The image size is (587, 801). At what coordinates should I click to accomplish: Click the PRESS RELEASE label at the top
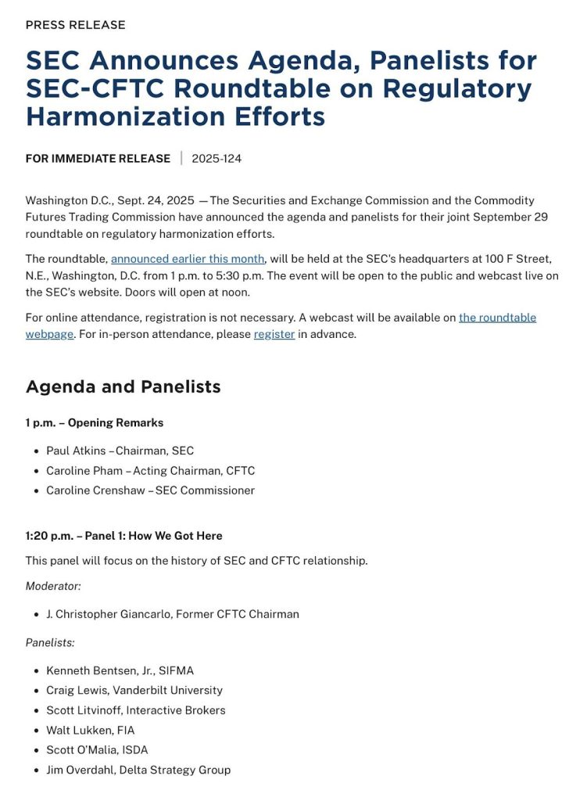(75, 25)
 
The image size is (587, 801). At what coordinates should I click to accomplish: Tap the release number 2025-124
(217, 159)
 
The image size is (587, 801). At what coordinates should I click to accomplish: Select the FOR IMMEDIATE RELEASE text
(98, 159)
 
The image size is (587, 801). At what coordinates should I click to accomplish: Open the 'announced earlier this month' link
(188, 259)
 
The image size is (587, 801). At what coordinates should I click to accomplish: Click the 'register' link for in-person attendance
(274, 334)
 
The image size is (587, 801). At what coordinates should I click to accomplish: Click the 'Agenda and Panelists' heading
(123, 386)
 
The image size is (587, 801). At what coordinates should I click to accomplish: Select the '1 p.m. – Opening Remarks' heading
(95, 422)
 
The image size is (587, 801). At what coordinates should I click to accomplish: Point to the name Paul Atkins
(76, 451)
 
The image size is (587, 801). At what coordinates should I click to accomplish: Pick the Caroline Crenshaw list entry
(150, 490)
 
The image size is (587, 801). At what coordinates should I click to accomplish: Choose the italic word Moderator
(53, 585)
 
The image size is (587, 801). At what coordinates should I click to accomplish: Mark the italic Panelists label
(50, 642)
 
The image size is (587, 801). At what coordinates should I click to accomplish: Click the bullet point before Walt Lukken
(37, 731)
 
